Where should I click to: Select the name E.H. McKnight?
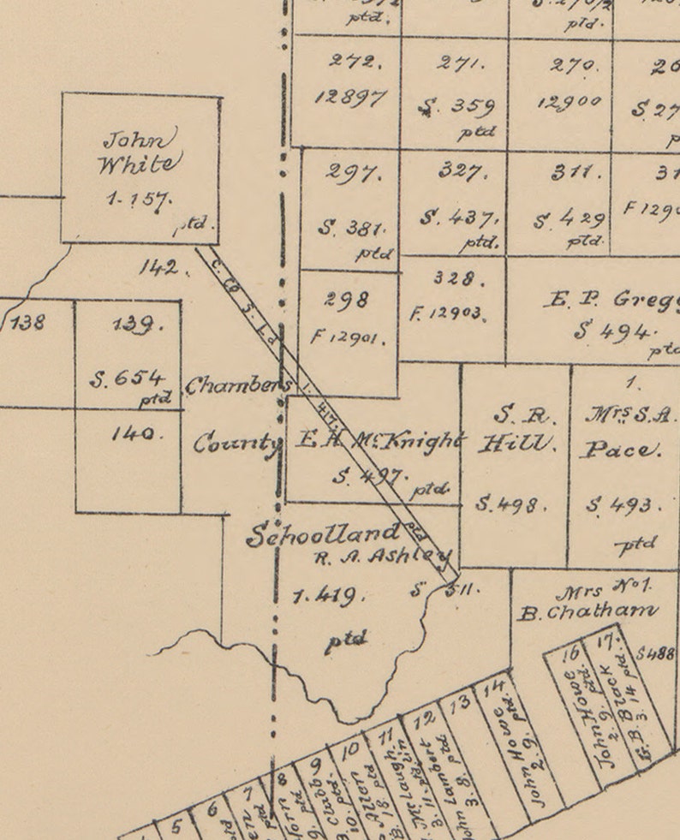377,442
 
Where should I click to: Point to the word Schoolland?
323,534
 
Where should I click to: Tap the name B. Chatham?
588,611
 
